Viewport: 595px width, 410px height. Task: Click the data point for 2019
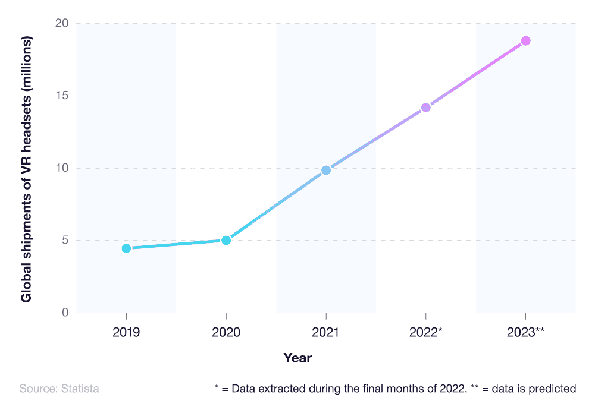tap(126, 248)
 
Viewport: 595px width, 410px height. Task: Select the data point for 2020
tap(226, 240)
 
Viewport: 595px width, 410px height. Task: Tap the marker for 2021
tap(326, 170)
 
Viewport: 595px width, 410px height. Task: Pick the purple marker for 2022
tap(426, 108)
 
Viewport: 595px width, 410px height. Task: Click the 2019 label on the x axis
tap(126, 332)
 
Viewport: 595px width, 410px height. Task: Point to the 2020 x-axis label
tap(226, 332)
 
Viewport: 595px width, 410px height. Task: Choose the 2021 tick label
tap(326, 332)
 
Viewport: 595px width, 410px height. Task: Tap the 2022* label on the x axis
tap(425, 332)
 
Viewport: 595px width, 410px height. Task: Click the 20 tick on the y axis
tap(62, 24)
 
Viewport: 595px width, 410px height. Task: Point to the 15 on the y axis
tap(62, 96)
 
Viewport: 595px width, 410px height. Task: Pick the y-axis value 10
tap(62, 168)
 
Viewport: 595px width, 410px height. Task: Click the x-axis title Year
tap(297, 358)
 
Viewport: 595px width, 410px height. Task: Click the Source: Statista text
tap(59, 389)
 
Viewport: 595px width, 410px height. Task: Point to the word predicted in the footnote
tap(556, 389)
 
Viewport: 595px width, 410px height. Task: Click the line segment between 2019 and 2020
tap(176, 244)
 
